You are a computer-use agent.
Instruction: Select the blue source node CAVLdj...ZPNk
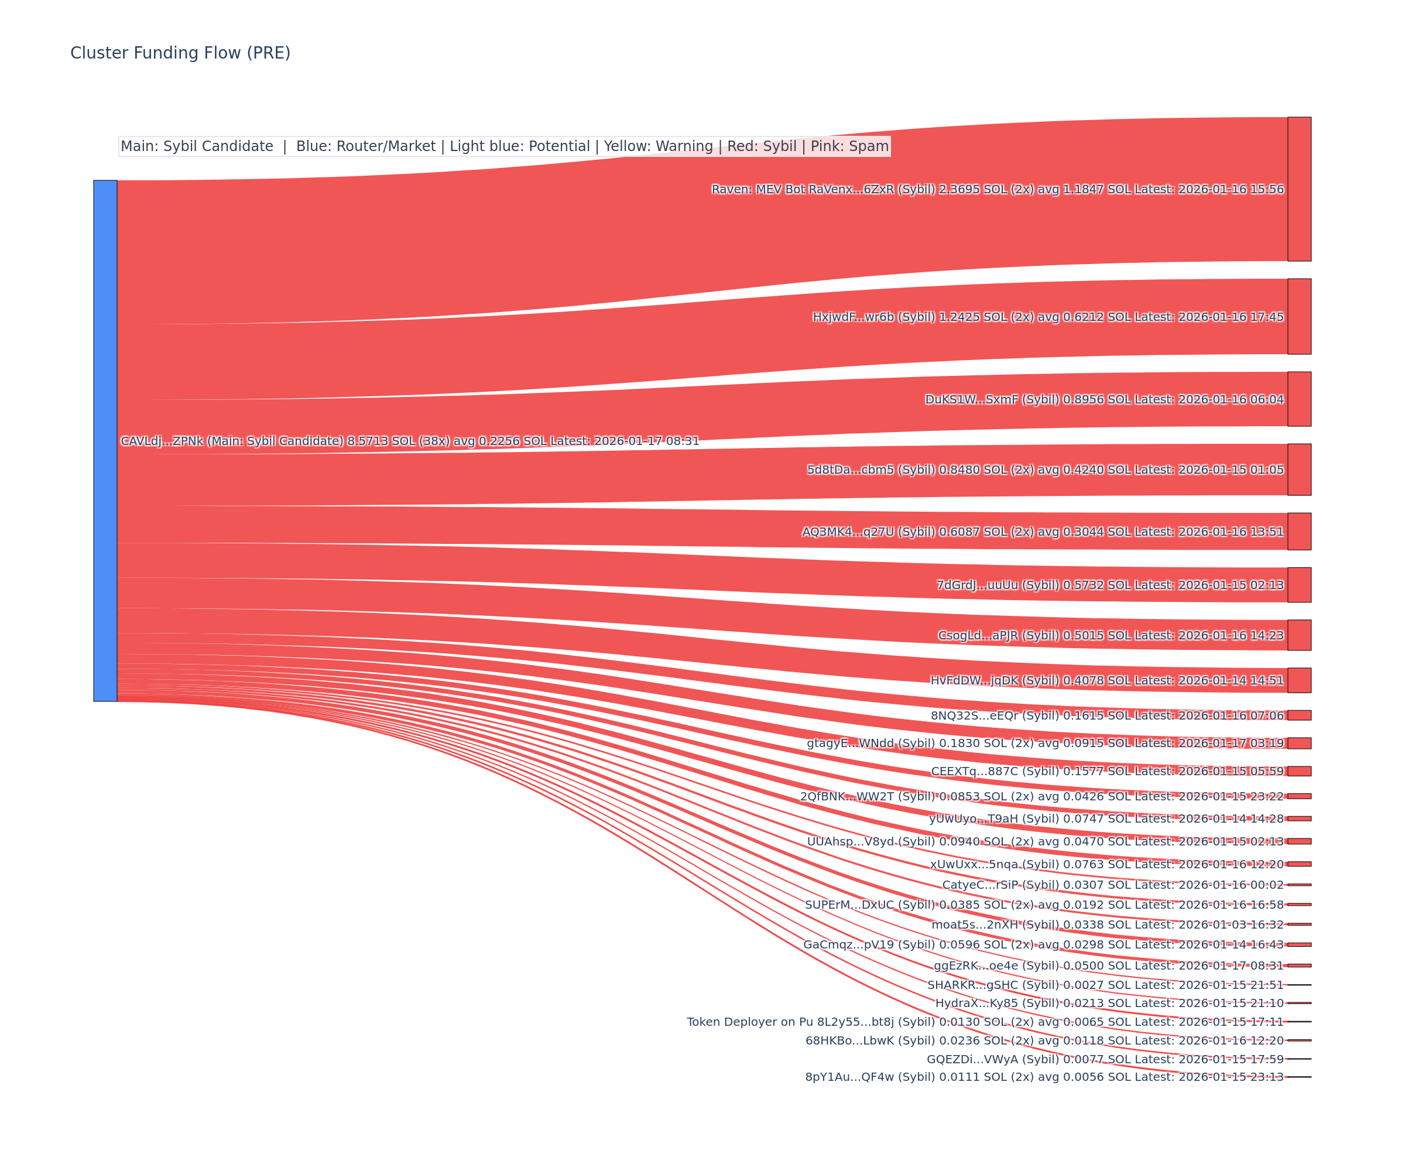point(105,440)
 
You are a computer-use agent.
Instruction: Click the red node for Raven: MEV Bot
point(1298,189)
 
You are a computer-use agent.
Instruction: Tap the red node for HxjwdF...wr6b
point(1298,317)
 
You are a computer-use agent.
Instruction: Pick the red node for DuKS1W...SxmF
point(1298,399)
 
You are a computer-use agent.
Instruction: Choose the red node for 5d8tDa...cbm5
point(1298,469)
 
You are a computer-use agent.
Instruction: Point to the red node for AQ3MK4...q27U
point(1298,531)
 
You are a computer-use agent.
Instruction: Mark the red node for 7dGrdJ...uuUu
point(1298,585)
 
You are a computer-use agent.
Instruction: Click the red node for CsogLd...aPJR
point(1298,635)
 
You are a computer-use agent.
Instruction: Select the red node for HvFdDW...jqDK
point(1298,680)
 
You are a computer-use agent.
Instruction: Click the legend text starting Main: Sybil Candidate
point(505,146)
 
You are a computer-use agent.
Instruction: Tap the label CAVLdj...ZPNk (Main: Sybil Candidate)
point(409,441)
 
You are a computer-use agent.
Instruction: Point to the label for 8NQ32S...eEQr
point(1106,715)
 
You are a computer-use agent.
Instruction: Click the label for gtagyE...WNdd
point(1045,743)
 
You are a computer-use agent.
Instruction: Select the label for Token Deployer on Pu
point(985,1022)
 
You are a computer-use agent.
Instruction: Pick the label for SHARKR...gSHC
point(1105,985)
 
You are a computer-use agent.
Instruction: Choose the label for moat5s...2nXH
point(1107,925)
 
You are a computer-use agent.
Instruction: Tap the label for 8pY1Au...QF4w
point(1044,1077)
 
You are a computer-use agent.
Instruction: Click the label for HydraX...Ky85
point(1109,1003)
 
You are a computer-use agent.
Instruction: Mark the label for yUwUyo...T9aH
point(1106,819)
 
